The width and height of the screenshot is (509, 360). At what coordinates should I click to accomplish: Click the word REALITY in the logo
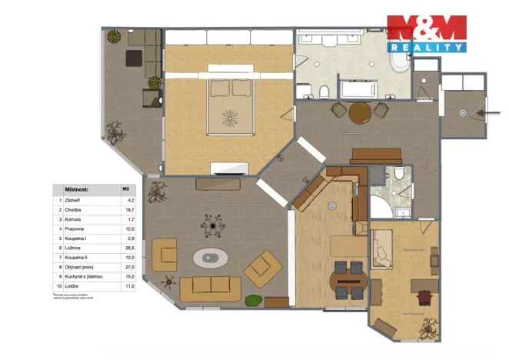click(x=440, y=47)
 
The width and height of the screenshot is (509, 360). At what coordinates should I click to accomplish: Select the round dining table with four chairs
click(x=346, y=280)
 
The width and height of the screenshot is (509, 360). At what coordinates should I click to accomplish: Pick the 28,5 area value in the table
click(x=129, y=249)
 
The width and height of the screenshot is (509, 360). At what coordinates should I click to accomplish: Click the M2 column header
click(x=125, y=188)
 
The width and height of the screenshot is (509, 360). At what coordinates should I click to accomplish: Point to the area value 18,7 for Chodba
click(x=129, y=209)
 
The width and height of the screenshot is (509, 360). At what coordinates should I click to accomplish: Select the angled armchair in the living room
click(x=262, y=270)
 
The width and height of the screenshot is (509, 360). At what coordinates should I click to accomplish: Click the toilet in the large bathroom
click(x=324, y=93)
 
